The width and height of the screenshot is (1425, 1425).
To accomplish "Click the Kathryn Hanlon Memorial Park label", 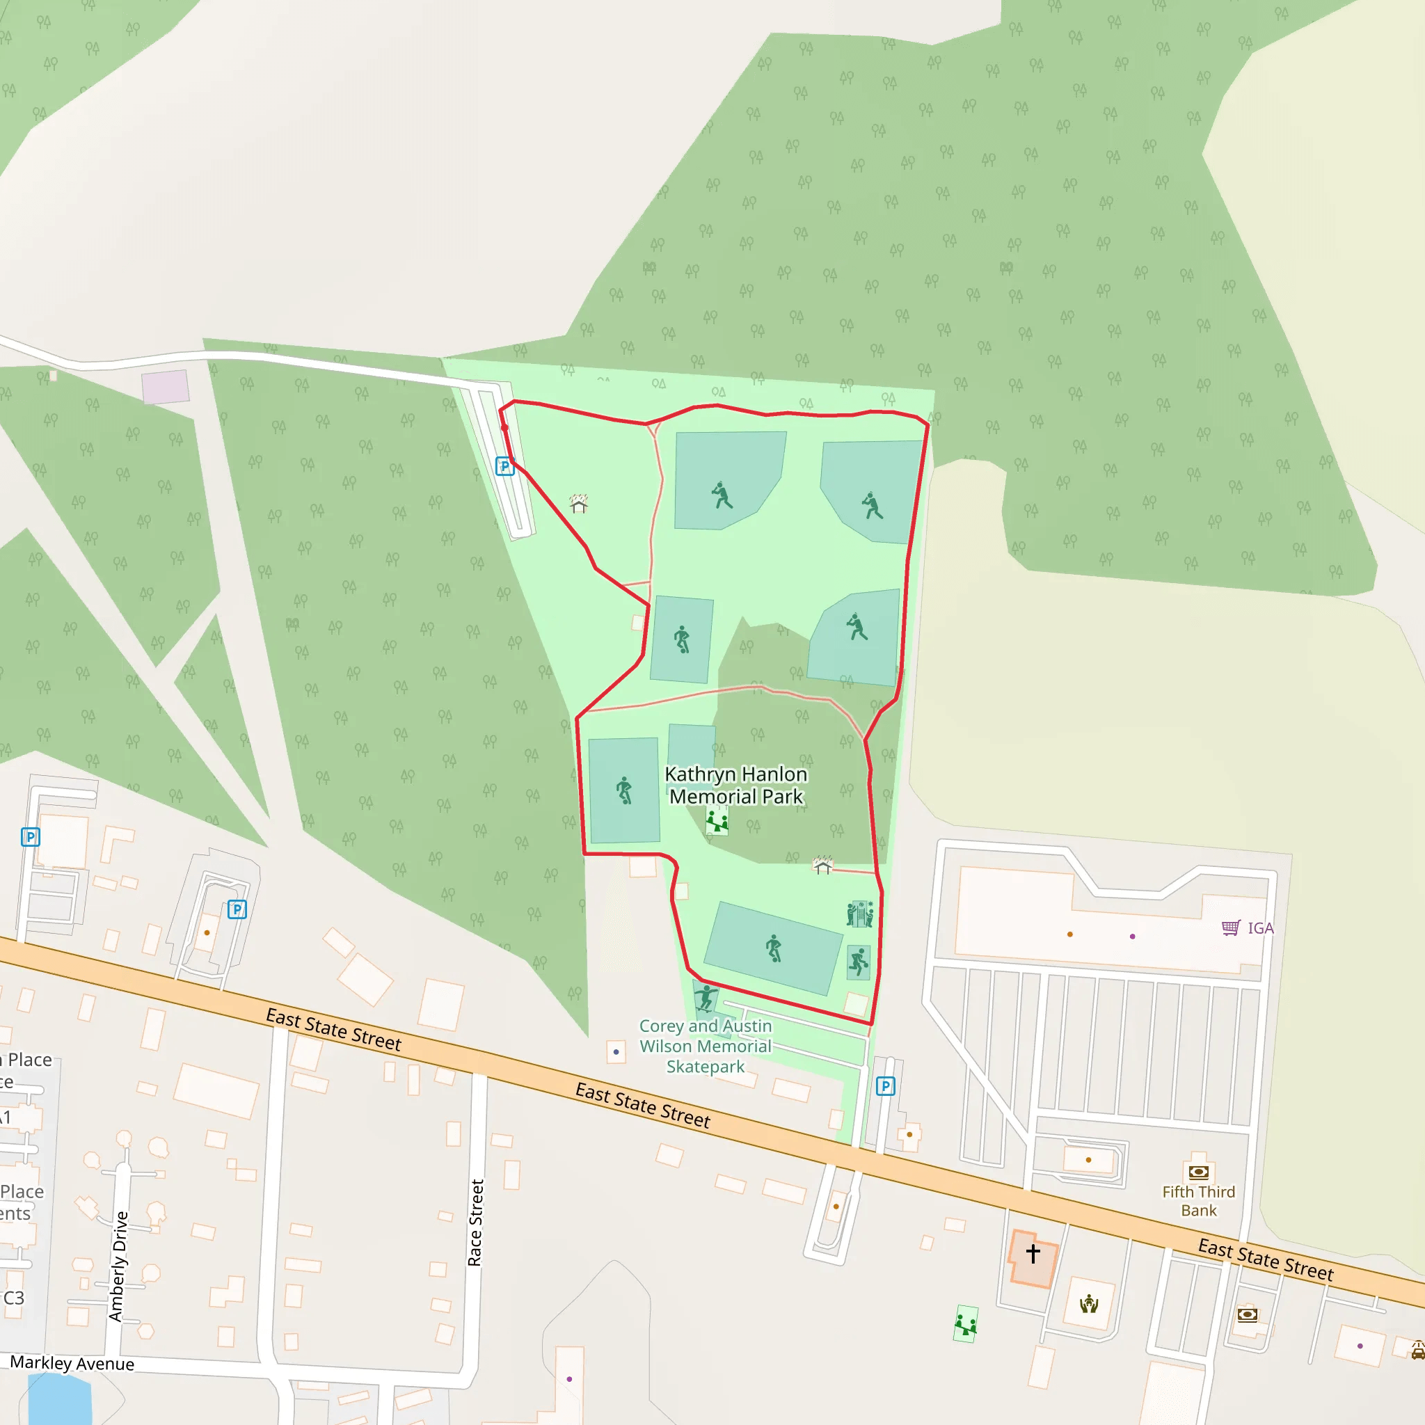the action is (x=735, y=786).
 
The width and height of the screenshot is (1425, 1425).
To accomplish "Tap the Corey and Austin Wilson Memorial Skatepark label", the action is (x=705, y=1046).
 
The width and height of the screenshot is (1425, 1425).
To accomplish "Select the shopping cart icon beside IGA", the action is (x=1230, y=928).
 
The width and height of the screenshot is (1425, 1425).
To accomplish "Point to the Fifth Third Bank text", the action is (x=1198, y=1201).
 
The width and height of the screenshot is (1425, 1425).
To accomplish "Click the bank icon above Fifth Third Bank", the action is (x=1199, y=1172).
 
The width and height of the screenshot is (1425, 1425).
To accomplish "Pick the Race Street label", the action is (x=476, y=1223).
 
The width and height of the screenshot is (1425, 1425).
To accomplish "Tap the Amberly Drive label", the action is (x=118, y=1266).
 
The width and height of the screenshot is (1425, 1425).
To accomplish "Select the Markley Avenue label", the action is (x=72, y=1364).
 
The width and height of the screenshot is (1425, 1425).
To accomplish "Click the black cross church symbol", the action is (x=1033, y=1253).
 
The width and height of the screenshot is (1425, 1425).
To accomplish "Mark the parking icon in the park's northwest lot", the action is (x=504, y=466).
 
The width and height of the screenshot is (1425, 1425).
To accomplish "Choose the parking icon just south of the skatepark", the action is (x=885, y=1085).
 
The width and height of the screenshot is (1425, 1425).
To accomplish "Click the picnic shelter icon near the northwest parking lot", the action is (x=579, y=503).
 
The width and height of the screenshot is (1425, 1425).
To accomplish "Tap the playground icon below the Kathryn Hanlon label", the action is (x=717, y=820).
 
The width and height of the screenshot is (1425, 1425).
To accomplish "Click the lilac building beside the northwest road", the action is (x=165, y=388).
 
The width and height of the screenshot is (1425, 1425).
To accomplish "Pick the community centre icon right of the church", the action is (x=1089, y=1305).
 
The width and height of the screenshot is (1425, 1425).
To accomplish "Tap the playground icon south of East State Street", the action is (x=966, y=1323).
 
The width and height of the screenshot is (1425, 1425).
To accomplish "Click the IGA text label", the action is (x=1261, y=928).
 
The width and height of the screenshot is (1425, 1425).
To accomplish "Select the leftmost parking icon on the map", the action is (x=30, y=837).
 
